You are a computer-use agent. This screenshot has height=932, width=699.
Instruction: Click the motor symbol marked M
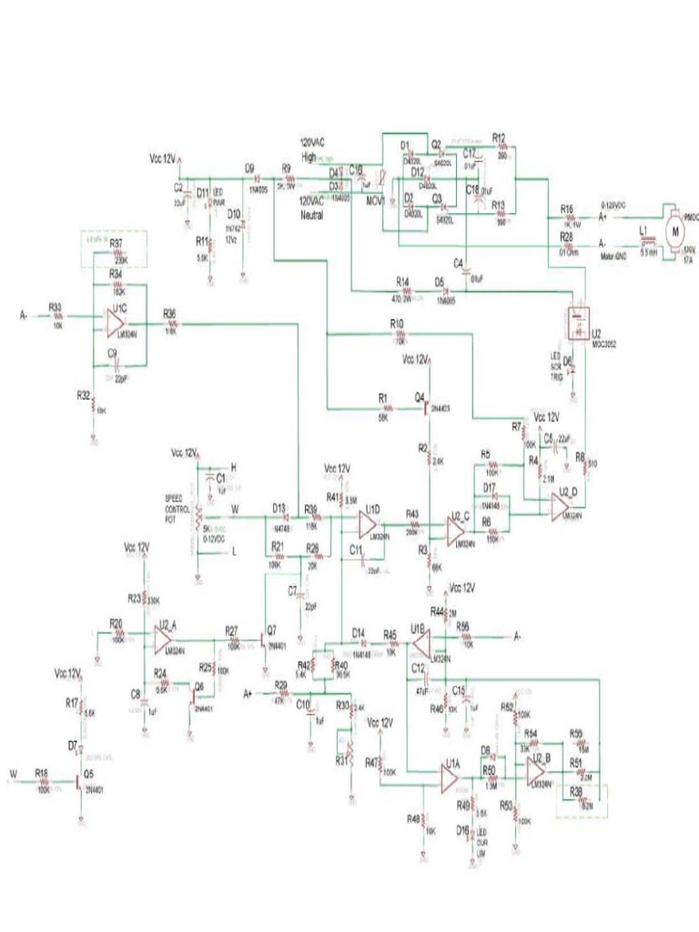[x=675, y=230]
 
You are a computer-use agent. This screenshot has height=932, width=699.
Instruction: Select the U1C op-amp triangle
[x=116, y=320]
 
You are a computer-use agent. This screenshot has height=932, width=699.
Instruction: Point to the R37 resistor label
[x=116, y=244]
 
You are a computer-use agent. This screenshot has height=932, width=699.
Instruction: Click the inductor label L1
[x=643, y=232]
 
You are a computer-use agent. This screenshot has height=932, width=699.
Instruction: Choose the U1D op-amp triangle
[x=368, y=524]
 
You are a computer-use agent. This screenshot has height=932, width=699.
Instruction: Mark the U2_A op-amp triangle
[x=164, y=640]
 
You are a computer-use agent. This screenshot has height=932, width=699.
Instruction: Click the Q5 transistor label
[x=88, y=774]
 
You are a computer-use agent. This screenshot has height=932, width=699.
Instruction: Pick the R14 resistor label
[x=402, y=280]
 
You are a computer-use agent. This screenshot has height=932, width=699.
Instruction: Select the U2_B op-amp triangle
[x=537, y=772]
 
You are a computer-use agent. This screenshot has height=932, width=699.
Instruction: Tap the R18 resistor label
[x=41, y=772]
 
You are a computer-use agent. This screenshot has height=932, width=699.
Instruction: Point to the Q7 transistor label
[x=272, y=629]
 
